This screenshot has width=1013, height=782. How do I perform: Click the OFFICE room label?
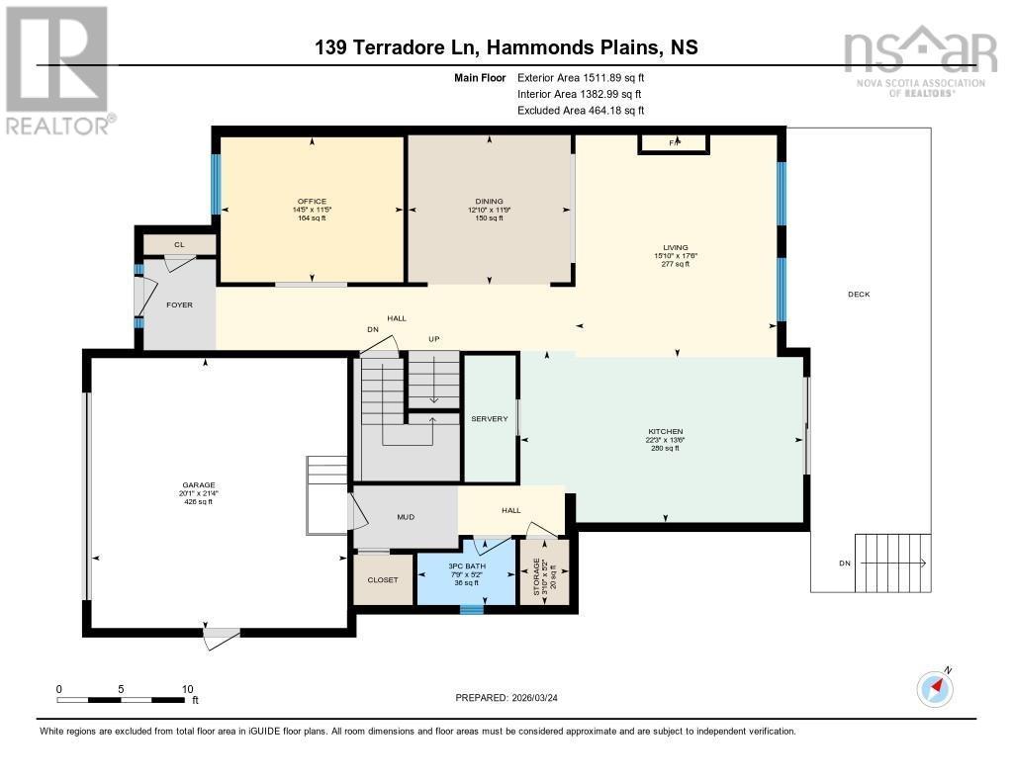pyautogui.click(x=312, y=202)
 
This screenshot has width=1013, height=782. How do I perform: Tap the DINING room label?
pyautogui.click(x=489, y=202)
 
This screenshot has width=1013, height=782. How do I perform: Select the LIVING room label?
pyautogui.click(x=677, y=248)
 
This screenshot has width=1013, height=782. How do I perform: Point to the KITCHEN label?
pyautogui.click(x=665, y=432)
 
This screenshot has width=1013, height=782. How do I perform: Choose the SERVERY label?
pyautogui.click(x=489, y=418)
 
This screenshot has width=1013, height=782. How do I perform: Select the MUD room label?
pyautogui.click(x=406, y=516)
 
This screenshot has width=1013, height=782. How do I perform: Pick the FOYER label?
pyautogui.click(x=179, y=304)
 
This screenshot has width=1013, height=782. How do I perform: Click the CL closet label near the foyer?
pyautogui.click(x=179, y=244)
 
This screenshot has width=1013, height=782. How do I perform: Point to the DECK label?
pyautogui.click(x=859, y=295)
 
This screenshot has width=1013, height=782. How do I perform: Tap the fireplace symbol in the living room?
pyautogui.click(x=674, y=143)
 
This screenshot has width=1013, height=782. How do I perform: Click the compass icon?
pyautogui.click(x=935, y=687)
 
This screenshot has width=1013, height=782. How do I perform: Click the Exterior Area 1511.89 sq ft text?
pyautogui.click(x=581, y=77)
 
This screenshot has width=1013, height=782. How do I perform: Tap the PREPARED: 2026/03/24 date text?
pyautogui.click(x=513, y=698)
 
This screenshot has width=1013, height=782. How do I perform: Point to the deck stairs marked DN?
pyautogui.click(x=890, y=564)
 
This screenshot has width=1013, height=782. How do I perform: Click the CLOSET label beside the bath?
pyautogui.click(x=383, y=580)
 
